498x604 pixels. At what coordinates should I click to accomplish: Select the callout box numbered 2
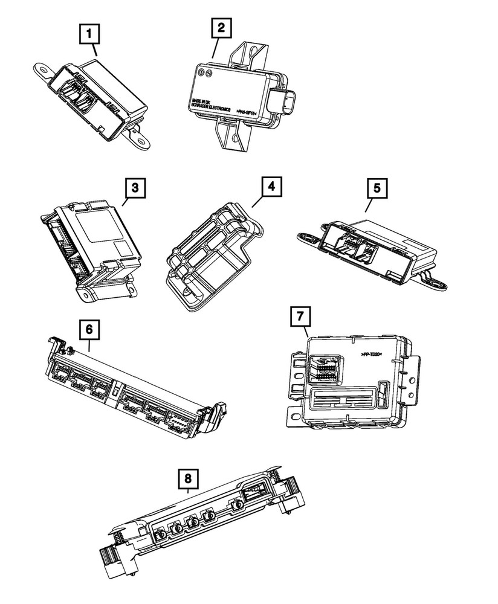click(221, 28)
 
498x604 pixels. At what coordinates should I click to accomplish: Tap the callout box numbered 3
click(136, 188)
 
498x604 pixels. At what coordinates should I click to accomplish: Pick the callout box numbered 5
click(377, 188)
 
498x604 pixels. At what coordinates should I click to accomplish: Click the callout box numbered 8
click(188, 479)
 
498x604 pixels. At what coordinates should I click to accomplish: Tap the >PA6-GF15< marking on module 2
click(245, 112)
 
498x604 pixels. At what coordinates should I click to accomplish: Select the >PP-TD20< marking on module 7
click(373, 356)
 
